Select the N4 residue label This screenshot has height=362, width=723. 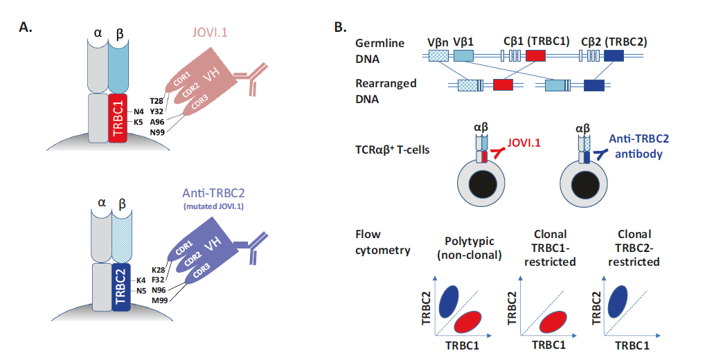coord(139,111)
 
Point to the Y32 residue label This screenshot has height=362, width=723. coord(157,111)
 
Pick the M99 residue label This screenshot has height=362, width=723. coord(159,300)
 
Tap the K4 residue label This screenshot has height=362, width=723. coord(141,280)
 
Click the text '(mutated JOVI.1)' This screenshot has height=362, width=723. coord(213,206)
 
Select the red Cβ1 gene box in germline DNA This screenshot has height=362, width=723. coord(535,56)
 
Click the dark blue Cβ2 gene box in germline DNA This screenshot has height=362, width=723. coord(614,56)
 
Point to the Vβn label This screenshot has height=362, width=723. coord(438,42)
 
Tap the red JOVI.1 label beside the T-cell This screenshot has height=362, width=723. coord(524,143)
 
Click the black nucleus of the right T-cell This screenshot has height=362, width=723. coord(584,185)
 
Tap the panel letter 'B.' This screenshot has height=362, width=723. coord(340,28)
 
